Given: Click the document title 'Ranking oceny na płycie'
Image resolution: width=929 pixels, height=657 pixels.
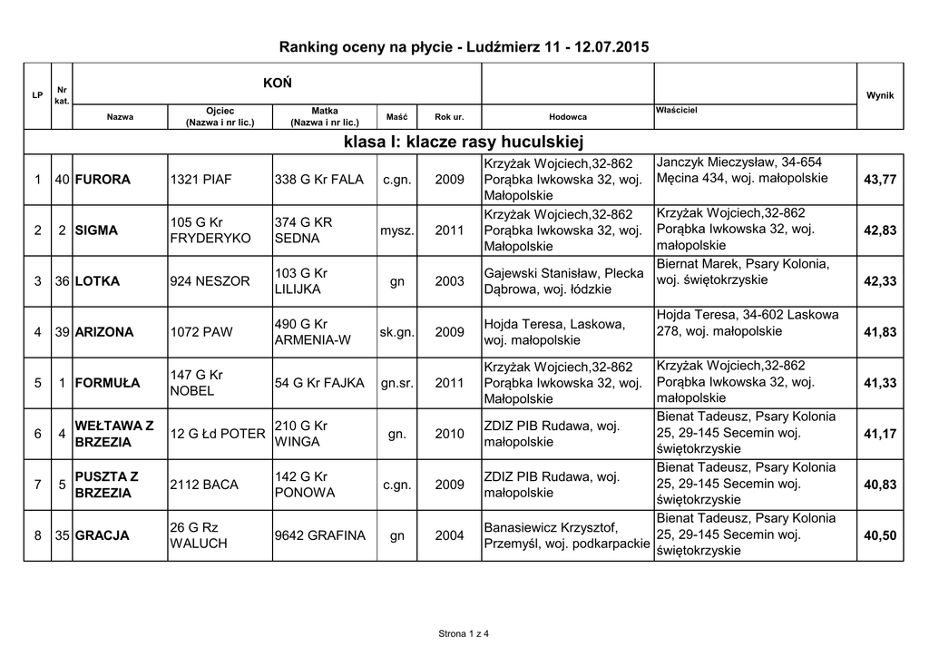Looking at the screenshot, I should pos(464,45).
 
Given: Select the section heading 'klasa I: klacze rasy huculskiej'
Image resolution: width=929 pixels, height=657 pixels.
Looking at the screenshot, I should pos(464,142).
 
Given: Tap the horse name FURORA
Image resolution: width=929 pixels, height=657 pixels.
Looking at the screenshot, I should pos(103,180).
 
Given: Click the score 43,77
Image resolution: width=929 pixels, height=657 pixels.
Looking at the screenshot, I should pos(879,180).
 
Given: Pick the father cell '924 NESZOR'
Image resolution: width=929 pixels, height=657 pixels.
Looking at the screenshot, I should pos(210,281).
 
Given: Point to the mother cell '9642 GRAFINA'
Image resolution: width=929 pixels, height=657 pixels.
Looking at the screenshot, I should pos(319,535).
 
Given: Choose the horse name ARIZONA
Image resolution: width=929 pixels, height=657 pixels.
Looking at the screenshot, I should pos(105,332).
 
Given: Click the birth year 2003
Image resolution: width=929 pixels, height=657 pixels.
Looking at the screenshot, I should pos(449,281).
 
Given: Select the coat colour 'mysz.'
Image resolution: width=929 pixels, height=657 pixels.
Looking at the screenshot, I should pos(397,230).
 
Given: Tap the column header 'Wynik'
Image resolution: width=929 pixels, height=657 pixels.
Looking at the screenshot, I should pos(880,95).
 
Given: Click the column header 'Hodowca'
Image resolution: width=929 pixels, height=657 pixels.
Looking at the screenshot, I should pos(567,117).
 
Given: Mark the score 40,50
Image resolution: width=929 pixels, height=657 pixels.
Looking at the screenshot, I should pos(879,535).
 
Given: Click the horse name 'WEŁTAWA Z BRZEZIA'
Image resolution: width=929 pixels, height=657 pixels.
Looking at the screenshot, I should pos(114,434).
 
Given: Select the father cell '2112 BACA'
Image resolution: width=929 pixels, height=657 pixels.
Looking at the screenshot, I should pos(204,485).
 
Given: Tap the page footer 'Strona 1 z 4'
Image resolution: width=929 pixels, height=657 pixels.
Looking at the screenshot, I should pos(464,632).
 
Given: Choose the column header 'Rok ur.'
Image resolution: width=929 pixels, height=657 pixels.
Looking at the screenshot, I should pos(449,117).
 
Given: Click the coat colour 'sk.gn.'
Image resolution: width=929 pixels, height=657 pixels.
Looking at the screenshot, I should pos(397,332).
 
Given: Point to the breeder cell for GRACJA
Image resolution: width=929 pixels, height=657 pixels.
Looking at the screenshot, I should pos(566,535).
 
